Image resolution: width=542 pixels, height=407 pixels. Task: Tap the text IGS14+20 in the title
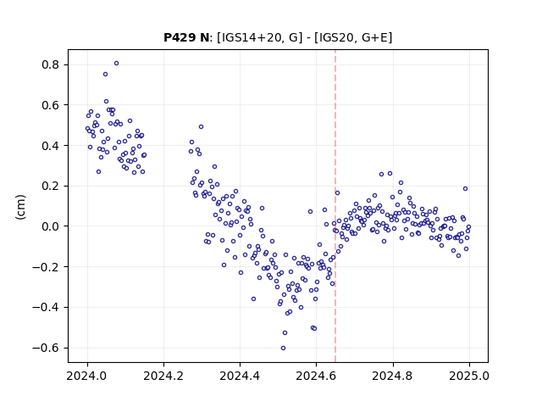click(x=249, y=37)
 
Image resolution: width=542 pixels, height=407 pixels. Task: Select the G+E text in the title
click(x=374, y=37)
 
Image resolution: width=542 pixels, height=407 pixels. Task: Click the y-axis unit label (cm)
click(x=20, y=207)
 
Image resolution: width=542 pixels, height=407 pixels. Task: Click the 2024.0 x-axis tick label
click(x=87, y=376)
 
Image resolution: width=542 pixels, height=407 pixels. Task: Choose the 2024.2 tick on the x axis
click(x=163, y=376)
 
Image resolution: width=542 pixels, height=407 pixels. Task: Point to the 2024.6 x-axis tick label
click(x=316, y=376)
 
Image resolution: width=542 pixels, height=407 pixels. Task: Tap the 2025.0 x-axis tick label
click(x=469, y=376)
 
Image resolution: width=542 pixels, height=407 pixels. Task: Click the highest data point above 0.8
click(x=117, y=64)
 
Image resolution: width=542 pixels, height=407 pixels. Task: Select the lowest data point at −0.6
click(x=283, y=348)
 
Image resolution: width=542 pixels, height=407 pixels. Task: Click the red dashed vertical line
click(x=335, y=206)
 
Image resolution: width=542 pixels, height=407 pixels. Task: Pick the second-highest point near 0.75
click(x=105, y=75)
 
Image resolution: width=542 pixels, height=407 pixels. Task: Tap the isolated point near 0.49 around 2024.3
click(x=201, y=127)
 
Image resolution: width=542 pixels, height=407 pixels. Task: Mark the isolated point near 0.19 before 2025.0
click(x=465, y=188)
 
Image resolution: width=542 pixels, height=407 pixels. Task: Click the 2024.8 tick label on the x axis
click(x=393, y=376)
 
